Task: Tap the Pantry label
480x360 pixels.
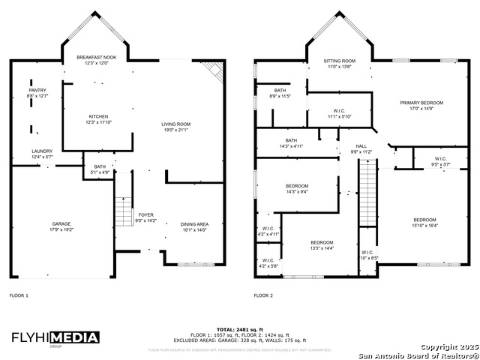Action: [x=37, y=93]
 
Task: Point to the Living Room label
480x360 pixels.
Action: [x=176, y=127]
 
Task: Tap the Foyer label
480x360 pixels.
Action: [x=145, y=217]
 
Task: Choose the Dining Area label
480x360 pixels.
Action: [x=194, y=226]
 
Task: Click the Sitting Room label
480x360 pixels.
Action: [x=339, y=63]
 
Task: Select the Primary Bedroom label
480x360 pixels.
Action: [x=421, y=104]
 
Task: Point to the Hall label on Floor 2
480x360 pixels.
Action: [x=361, y=149]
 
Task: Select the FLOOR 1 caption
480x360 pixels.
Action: [x=19, y=295]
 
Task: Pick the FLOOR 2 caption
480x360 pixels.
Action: [x=263, y=295]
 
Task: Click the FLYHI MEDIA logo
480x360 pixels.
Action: [x=55, y=337]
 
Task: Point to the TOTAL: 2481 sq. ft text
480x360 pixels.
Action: [x=239, y=329]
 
